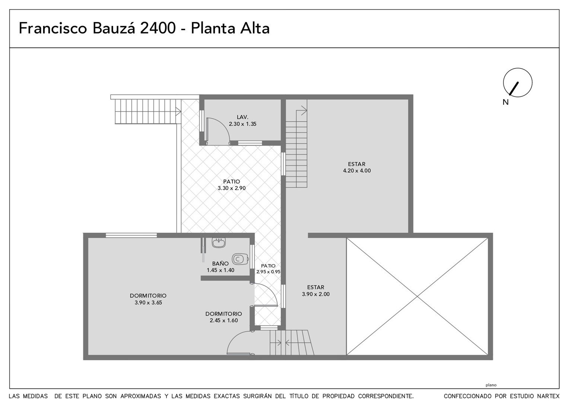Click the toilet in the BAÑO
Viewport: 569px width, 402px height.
click(x=240, y=259)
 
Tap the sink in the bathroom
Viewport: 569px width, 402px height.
click(x=219, y=243)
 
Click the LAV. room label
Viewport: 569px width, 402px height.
click(x=242, y=117)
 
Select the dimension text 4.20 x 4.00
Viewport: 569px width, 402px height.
click(x=357, y=170)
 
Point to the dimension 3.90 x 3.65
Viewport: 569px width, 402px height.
click(x=148, y=303)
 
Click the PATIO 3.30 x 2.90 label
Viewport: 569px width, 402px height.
click(x=232, y=185)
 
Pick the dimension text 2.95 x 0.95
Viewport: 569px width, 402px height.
click(x=268, y=272)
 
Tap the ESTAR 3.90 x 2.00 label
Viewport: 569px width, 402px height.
click(x=316, y=291)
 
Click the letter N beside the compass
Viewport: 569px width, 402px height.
click(x=505, y=102)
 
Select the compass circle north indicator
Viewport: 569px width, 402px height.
click(x=518, y=83)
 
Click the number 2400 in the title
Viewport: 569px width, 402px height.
click(x=158, y=28)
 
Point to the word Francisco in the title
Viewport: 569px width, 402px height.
click(x=53, y=28)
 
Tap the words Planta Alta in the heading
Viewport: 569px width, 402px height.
click(x=230, y=28)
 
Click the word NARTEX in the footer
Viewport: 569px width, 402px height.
click(x=549, y=396)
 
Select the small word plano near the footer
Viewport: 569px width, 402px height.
click(x=491, y=385)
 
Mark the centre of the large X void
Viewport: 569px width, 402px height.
click(x=417, y=296)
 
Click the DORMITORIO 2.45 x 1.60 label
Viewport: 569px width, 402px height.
click(x=223, y=317)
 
